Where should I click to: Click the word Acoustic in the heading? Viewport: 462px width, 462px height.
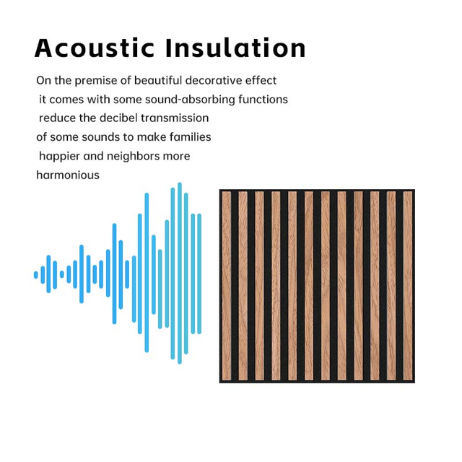click(x=94, y=48)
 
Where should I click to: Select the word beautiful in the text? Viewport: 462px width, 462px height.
click(x=158, y=80)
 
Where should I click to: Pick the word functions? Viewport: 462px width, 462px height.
click(x=264, y=99)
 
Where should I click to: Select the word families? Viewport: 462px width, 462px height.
click(x=191, y=136)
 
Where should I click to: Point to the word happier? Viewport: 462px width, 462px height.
click(x=60, y=156)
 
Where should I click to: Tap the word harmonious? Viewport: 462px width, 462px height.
click(x=68, y=175)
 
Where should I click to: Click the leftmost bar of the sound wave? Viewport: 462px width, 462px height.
click(x=36, y=275)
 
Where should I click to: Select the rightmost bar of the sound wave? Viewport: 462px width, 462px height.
click(x=199, y=274)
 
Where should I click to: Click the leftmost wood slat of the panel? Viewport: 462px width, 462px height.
click(x=226, y=286)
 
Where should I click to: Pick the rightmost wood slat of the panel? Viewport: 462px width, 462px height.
click(x=408, y=286)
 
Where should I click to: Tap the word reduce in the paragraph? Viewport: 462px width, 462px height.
click(x=57, y=118)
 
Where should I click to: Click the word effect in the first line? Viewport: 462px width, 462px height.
click(x=261, y=80)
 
